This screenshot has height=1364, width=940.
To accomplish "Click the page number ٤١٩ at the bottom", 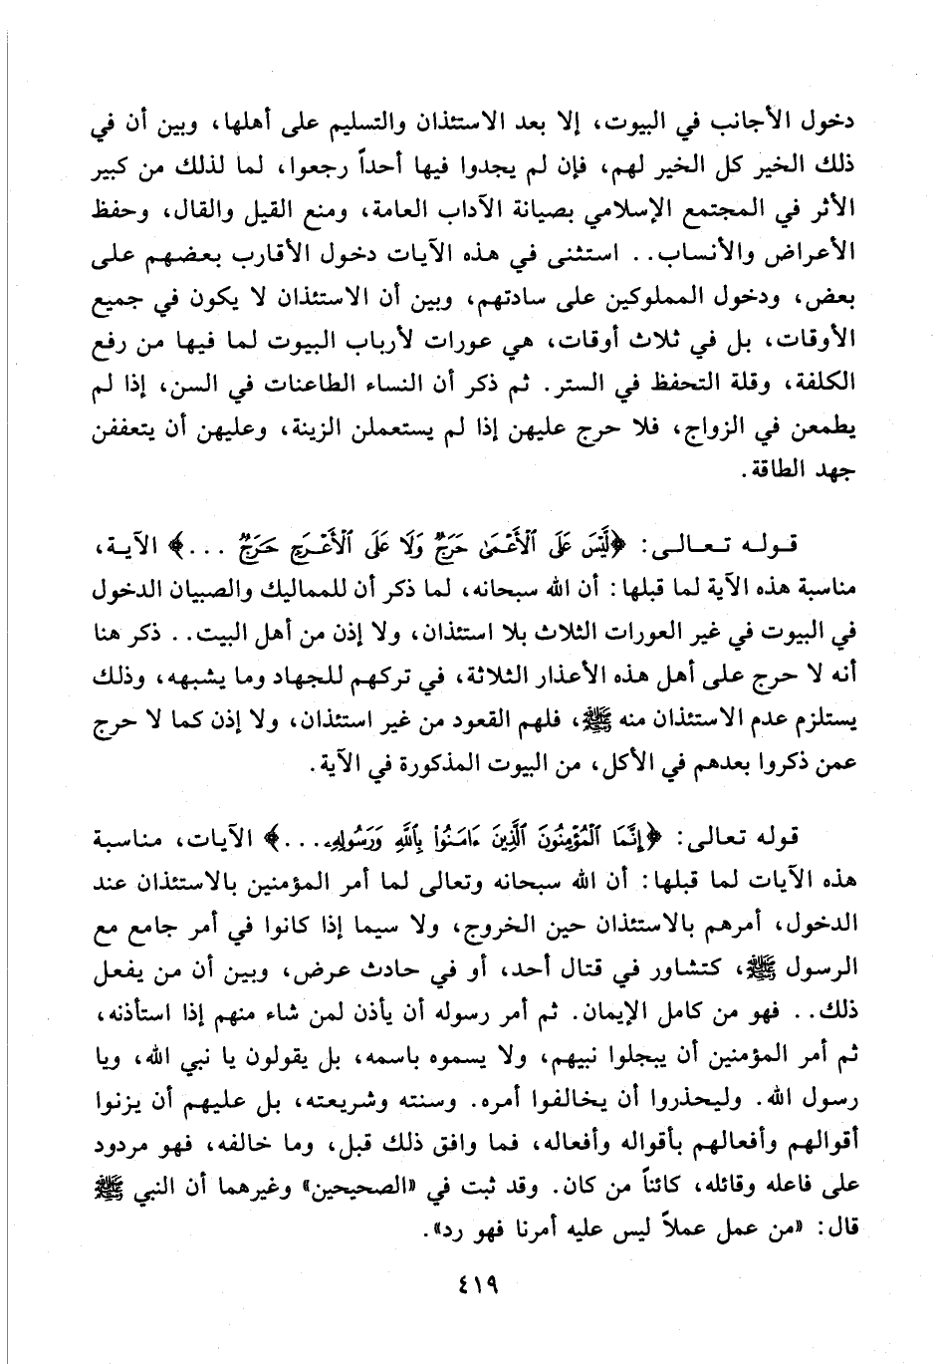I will (x=471, y=1286).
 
